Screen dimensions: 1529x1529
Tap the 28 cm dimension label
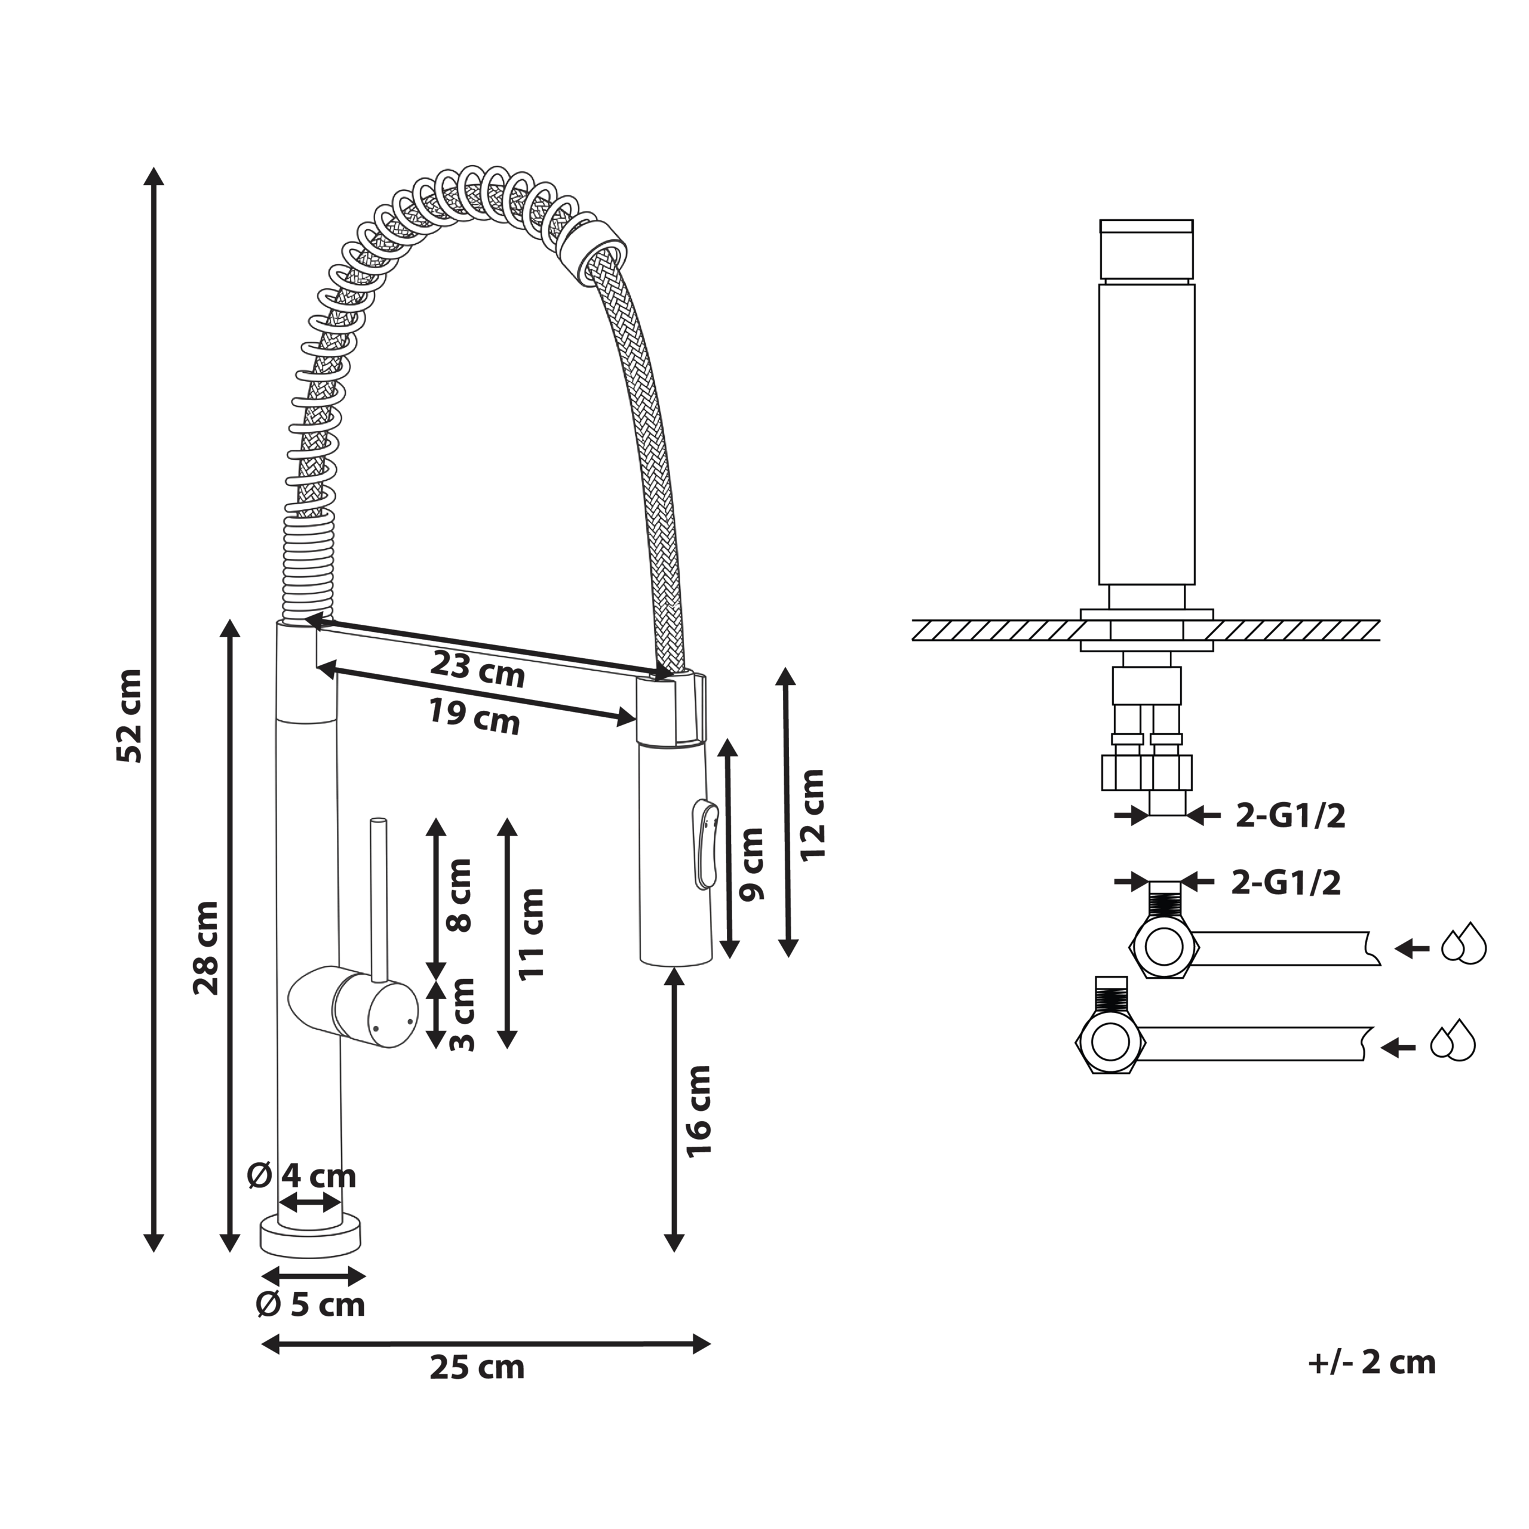207,948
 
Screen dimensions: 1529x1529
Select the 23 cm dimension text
477,670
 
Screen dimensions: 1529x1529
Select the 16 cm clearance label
699,1112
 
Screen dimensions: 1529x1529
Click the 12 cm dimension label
812,815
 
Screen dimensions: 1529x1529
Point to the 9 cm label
751,864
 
